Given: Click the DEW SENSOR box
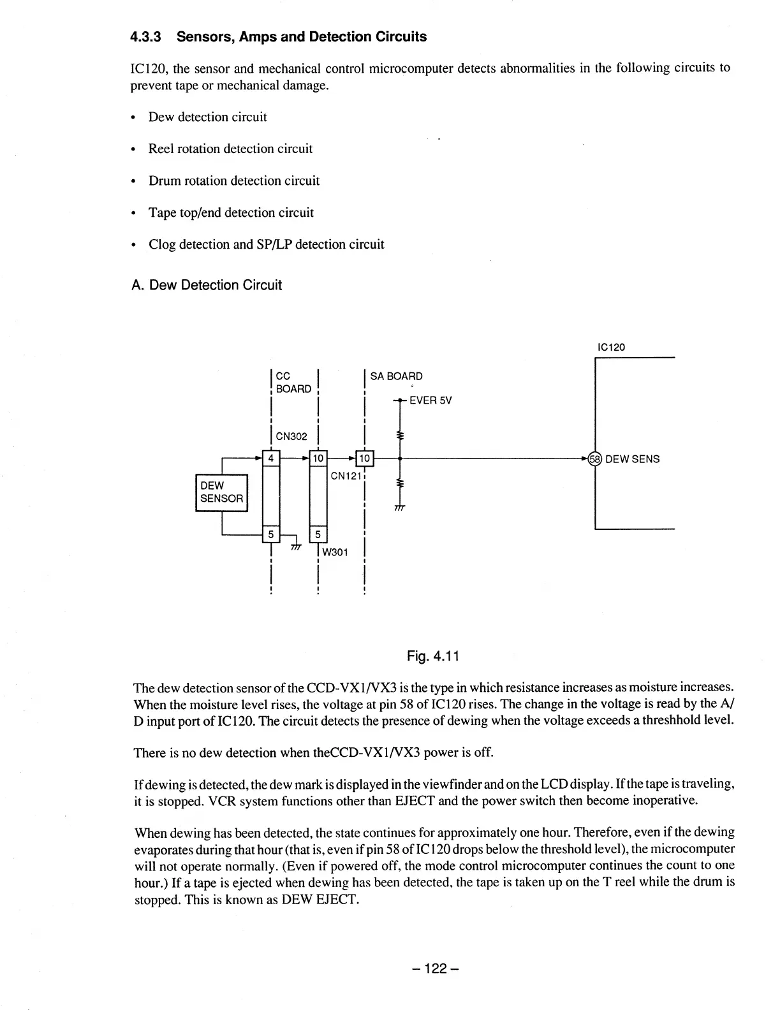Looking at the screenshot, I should click(221, 492).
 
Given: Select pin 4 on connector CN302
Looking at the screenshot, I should click(271, 458).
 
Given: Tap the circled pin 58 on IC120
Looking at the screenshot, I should click(594, 458).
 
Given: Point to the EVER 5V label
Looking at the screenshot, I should click(430, 400).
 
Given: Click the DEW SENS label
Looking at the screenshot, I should click(632, 459).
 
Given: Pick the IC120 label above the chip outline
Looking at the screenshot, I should click(611, 348).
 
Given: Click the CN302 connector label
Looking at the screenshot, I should click(291, 437).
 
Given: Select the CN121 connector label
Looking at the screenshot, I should click(347, 476).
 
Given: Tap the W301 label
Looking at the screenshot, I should click(335, 552).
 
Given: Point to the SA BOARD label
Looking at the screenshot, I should click(396, 376).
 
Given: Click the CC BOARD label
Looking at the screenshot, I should click(293, 383).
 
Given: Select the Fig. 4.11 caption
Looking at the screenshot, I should click(434, 656).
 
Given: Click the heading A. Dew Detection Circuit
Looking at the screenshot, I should click(206, 285).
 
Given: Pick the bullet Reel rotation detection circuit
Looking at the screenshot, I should click(230, 149).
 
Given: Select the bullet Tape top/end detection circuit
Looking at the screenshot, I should click(231, 212).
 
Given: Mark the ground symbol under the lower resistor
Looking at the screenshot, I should click(400, 508).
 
